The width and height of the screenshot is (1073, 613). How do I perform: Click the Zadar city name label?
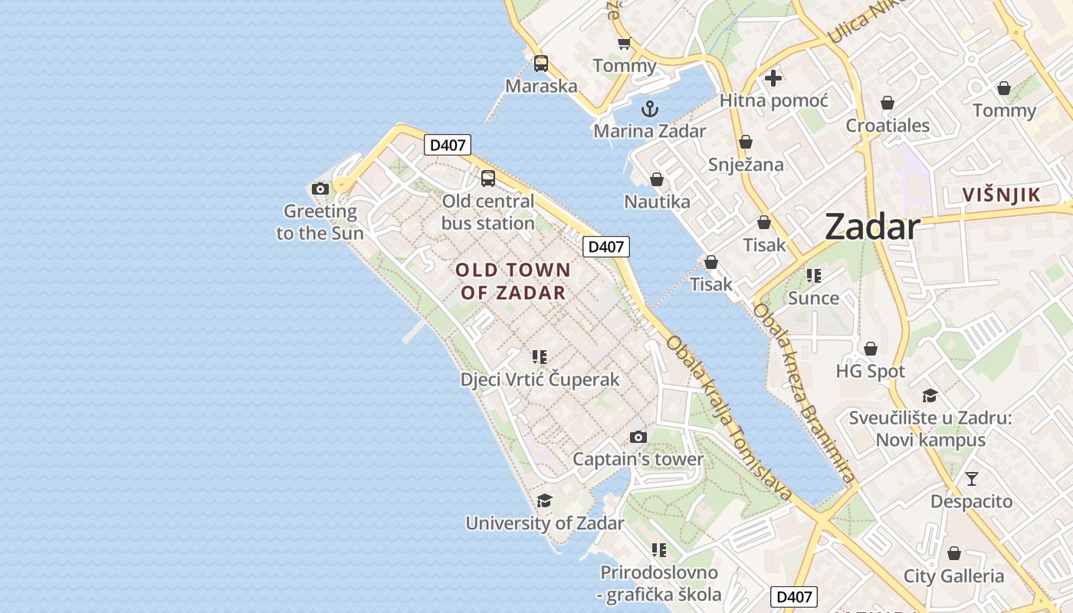[x=873, y=228]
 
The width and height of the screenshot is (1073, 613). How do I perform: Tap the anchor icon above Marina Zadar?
[x=650, y=108]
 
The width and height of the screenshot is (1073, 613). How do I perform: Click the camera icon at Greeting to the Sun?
[x=320, y=188]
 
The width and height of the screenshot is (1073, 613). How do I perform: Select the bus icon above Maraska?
[x=541, y=64]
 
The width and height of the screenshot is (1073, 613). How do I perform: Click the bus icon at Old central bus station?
[x=488, y=179]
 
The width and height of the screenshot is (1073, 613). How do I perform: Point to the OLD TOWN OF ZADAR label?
[x=513, y=280]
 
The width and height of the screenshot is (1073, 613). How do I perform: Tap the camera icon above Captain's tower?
[x=638, y=437]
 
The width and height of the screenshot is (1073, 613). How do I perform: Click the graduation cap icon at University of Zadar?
[x=544, y=500]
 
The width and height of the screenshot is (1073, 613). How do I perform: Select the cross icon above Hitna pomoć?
[x=773, y=77]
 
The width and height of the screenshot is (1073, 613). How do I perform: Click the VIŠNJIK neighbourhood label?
[x=1002, y=195]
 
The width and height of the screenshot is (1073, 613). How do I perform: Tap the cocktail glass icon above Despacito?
[x=972, y=479]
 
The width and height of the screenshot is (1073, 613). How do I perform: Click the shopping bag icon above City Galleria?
[x=953, y=552]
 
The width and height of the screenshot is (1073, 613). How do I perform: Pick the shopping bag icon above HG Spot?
[x=870, y=349]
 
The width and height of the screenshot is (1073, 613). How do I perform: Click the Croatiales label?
[x=888, y=126]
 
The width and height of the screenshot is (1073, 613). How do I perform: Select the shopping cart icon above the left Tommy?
[x=624, y=44]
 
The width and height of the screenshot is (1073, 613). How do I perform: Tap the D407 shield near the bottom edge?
[x=793, y=597]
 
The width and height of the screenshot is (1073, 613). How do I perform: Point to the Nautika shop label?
[x=657, y=202]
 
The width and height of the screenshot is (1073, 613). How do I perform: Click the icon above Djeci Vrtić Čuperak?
[x=540, y=356]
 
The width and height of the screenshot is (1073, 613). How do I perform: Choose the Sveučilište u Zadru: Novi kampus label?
[x=930, y=429]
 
